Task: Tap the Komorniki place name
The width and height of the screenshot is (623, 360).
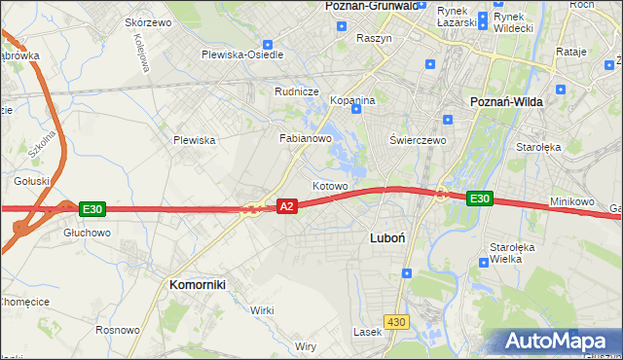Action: coord(198,284)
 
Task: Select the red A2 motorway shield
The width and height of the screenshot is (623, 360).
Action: coord(286,206)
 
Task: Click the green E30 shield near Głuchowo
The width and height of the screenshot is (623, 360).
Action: coord(92,209)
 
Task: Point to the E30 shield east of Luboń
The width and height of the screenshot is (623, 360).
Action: coord(479,198)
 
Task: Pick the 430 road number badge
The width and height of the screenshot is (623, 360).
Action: coord(396,321)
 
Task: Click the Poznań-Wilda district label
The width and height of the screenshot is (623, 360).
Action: coord(506,101)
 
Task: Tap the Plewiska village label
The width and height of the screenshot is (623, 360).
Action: coord(194,140)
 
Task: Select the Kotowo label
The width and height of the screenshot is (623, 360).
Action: coord(330,186)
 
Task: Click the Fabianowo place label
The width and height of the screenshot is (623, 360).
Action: coord(307,138)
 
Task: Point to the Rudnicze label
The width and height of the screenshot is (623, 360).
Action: coord(297,92)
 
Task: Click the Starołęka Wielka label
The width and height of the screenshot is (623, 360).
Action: coord(508,253)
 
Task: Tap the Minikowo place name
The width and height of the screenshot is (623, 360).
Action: coord(571,201)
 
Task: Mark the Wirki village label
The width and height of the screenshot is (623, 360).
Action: coord(262,309)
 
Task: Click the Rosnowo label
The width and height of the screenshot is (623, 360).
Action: coord(119,331)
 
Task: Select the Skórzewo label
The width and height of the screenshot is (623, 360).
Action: coord(149,22)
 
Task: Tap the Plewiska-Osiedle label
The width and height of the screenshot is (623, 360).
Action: coord(242,54)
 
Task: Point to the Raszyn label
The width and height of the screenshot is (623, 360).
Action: coord(374,38)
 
